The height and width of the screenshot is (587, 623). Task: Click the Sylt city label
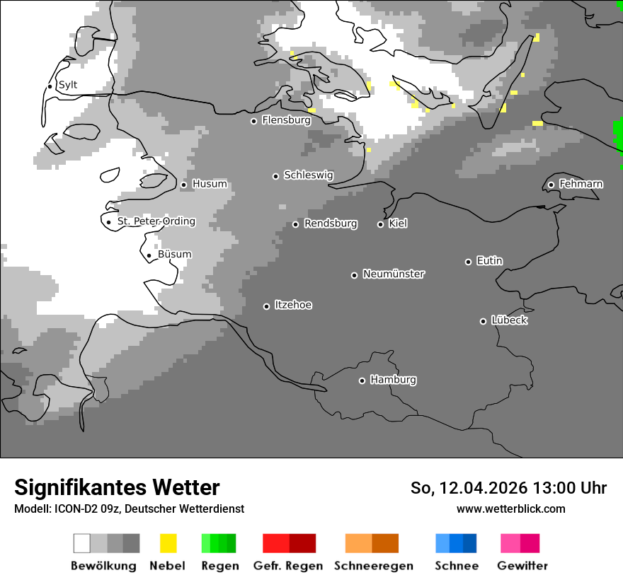(x=68, y=85)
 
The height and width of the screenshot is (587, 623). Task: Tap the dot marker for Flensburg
(x=253, y=121)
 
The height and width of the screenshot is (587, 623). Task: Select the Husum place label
(x=210, y=184)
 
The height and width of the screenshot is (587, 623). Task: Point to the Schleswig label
(x=308, y=175)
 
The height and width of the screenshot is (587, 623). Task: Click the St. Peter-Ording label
(x=156, y=221)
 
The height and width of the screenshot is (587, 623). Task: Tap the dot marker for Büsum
(x=149, y=256)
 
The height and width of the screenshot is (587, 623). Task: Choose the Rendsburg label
(x=330, y=223)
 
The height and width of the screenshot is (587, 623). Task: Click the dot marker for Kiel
(x=380, y=224)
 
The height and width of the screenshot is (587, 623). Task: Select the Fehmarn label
(x=581, y=184)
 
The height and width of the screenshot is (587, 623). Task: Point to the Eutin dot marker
(x=468, y=262)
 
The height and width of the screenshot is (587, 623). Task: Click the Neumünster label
(x=394, y=274)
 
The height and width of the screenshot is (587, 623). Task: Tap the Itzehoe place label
(x=293, y=305)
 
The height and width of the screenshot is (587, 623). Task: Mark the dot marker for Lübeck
(x=483, y=321)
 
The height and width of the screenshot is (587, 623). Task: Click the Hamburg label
(x=393, y=380)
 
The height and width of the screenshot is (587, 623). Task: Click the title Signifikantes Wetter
(x=117, y=487)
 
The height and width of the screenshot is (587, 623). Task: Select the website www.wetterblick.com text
(x=510, y=508)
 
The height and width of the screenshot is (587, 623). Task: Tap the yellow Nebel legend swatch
(x=168, y=543)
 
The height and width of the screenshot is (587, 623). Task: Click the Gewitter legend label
(x=522, y=566)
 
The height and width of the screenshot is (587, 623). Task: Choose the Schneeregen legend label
(x=373, y=566)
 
